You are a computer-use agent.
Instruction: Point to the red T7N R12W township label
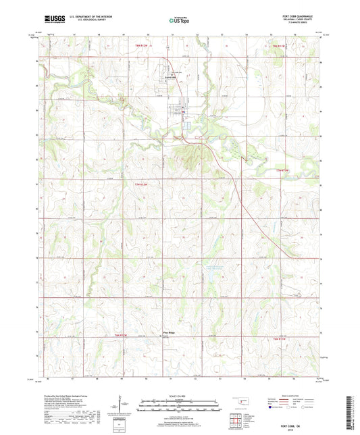coord(132,182)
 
